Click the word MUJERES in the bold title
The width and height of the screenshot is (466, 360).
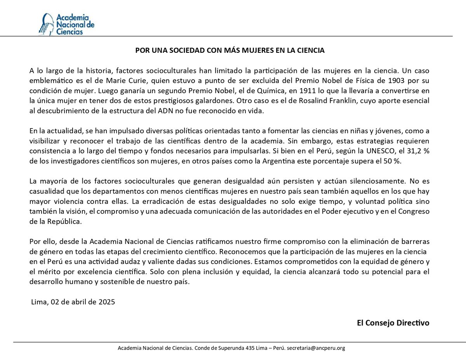(251, 50)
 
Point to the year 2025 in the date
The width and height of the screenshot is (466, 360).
(107, 302)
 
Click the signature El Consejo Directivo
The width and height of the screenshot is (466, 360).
(393, 323)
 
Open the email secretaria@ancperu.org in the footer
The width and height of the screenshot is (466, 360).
(315, 348)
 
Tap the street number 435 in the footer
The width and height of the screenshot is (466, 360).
(250, 348)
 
